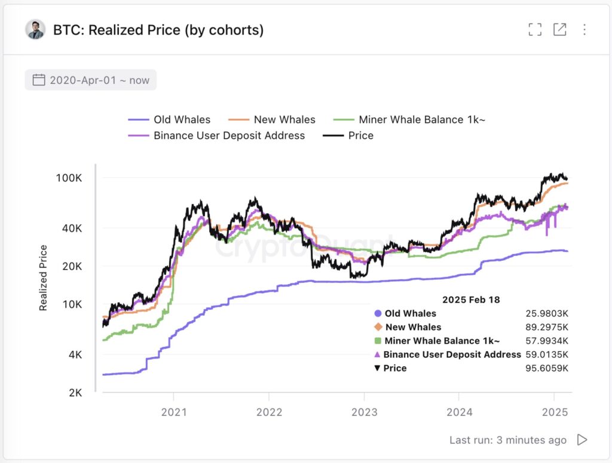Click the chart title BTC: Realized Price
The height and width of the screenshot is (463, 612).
point(158,29)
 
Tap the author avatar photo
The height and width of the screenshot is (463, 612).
point(35,29)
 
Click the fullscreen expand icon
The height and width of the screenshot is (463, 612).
point(535,29)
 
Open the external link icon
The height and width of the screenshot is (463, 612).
point(559,29)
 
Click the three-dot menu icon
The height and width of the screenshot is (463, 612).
point(584,29)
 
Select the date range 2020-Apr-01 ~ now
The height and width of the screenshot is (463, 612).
point(91,80)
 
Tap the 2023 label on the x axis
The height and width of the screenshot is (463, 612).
point(364,412)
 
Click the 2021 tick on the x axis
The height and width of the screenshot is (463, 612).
point(174,412)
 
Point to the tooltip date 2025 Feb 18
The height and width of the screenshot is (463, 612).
point(471,299)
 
